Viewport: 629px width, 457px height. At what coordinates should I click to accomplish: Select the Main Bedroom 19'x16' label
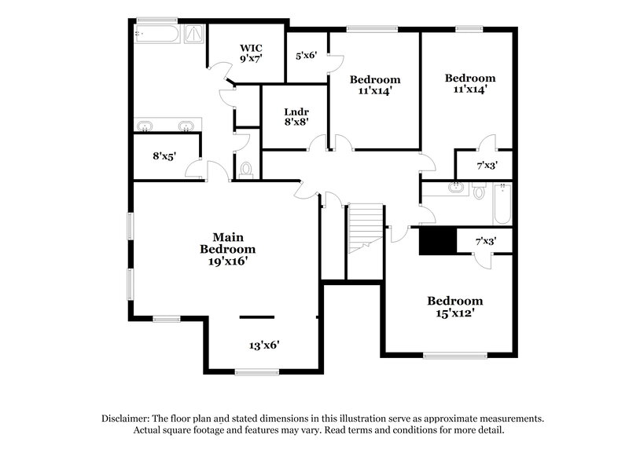pyautogui.click(x=228, y=250)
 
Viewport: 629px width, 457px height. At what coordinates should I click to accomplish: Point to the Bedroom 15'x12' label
pyautogui.click(x=454, y=306)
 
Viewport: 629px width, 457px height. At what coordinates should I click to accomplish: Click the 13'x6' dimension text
pyautogui.click(x=265, y=345)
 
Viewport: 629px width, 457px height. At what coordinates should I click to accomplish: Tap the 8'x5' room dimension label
pyautogui.click(x=164, y=155)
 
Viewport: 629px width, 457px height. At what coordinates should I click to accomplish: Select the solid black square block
pyautogui.click(x=438, y=240)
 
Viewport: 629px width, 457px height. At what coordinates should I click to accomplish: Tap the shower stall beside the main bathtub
pyautogui.click(x=193, y=33)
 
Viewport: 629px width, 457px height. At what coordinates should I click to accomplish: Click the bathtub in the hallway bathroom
pyautogui.click(x=502, y=204)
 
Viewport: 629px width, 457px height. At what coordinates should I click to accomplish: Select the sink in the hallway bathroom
pyautogui.click(x=455, y=188)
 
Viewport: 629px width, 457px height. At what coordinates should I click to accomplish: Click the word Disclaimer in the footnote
pyautogui.click(x=126, y=419)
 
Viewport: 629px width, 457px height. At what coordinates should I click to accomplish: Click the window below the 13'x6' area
pyautogui.click(x=257, y=371)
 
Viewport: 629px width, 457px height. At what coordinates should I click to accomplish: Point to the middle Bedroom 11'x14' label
pyautogui.click(x=374, y=85)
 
